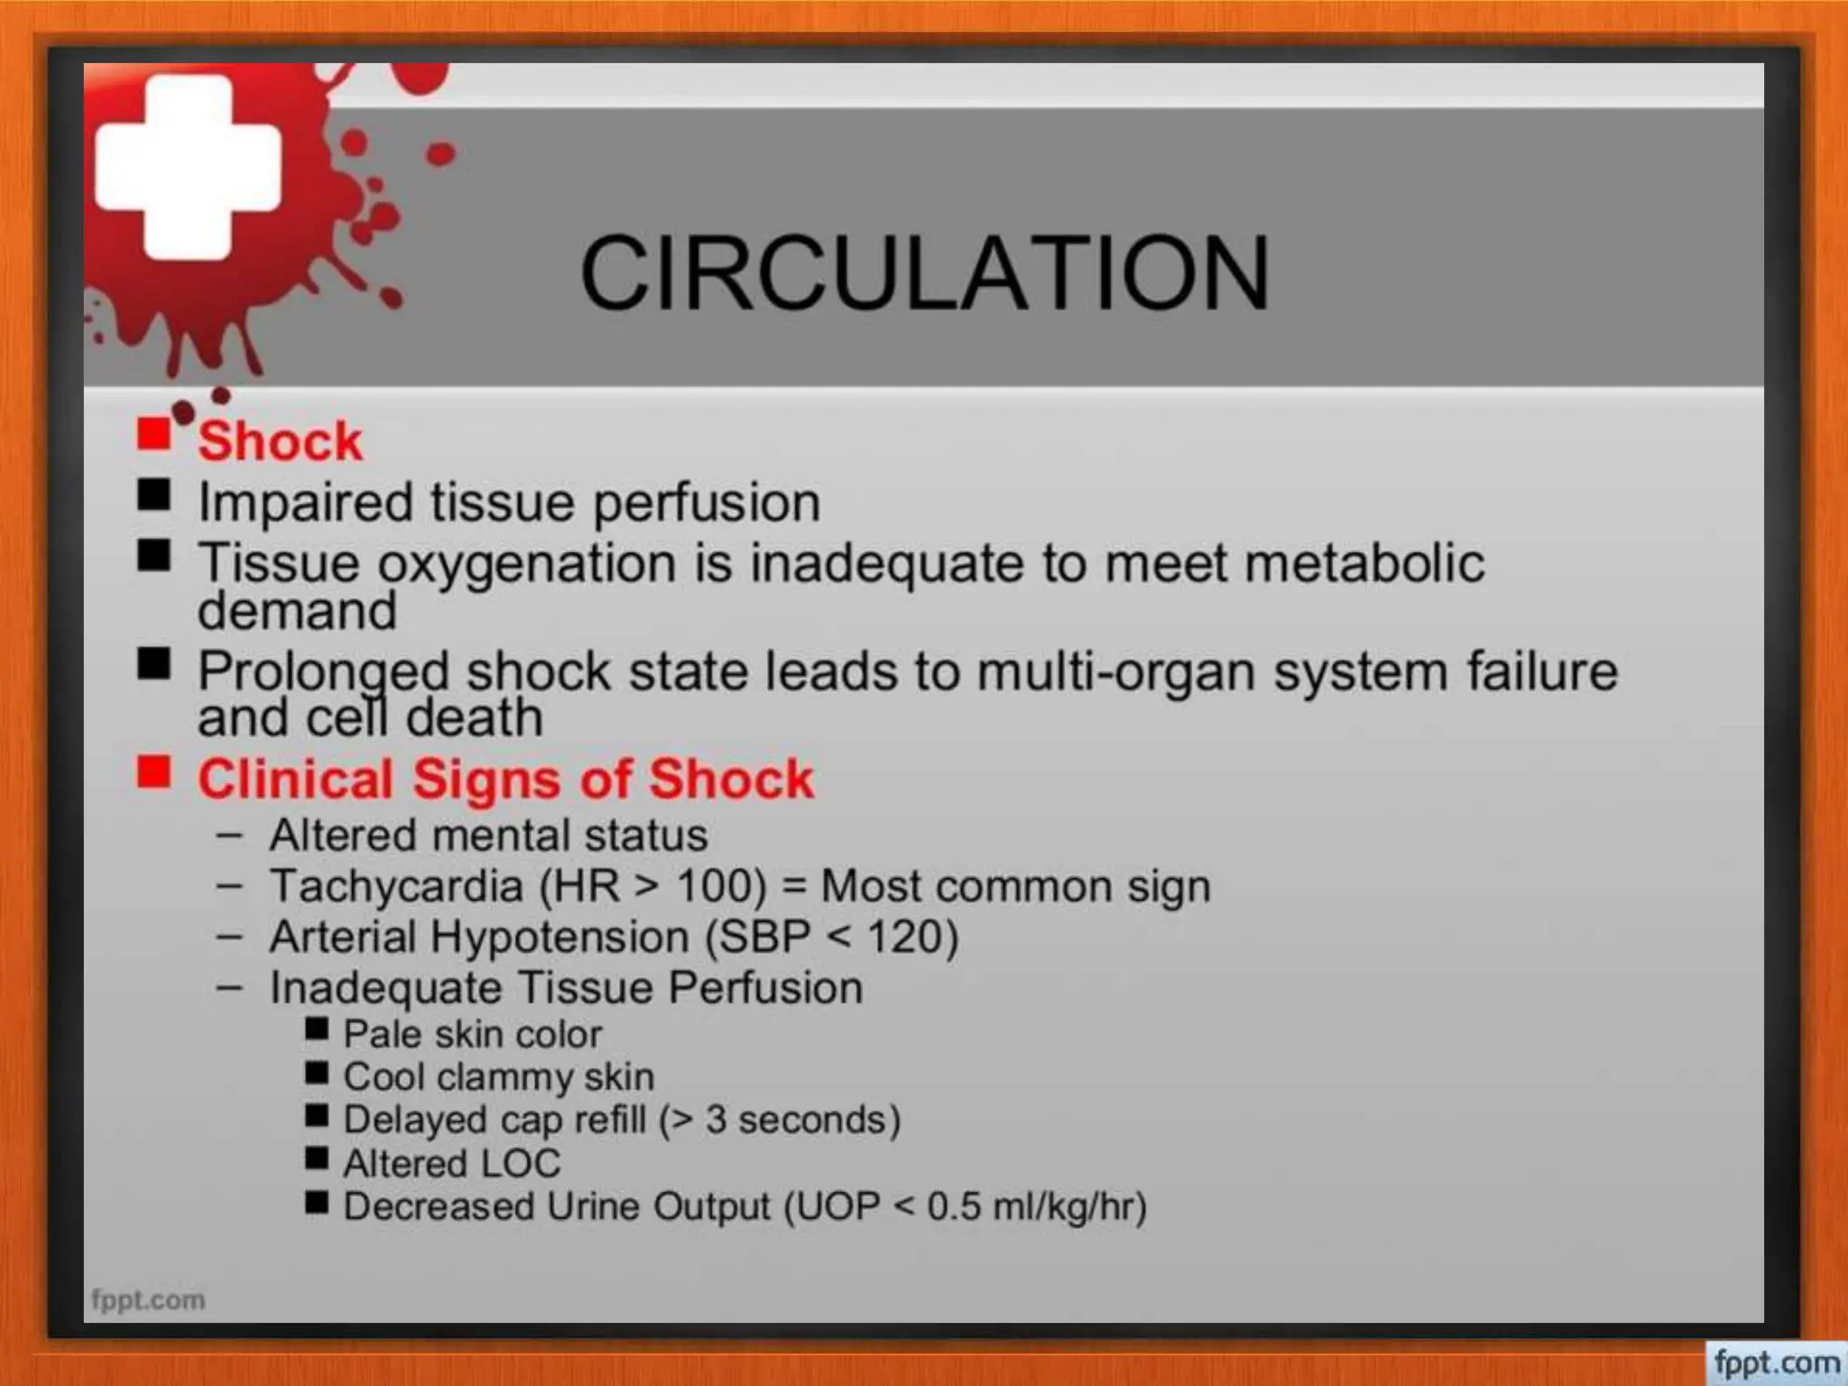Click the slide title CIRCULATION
pos(924,273)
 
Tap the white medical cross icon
pos(188,168)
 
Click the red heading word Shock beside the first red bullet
pos(280,441)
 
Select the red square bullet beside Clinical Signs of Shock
pos(153,772)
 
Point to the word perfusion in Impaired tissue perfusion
pos(707,503)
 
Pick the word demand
pos(297,611)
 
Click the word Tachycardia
pos(396,886)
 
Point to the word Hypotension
pos(559,937)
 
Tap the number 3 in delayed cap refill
pos(716,1120)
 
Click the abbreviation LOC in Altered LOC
pos(521,1163)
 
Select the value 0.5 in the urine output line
pos(954,1206)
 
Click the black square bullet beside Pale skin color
pos(317,1029)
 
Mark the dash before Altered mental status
pos(229,836)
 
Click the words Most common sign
pos(1015,886)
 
